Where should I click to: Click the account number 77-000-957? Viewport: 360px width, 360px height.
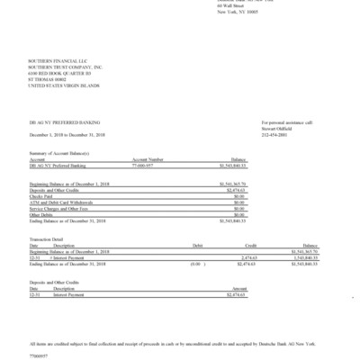[x=147, y=166]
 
